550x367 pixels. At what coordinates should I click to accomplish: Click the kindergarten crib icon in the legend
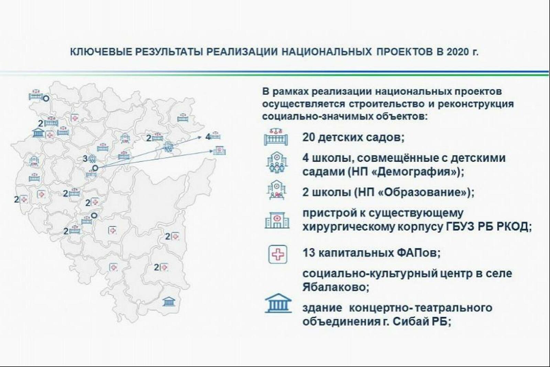[276, 137]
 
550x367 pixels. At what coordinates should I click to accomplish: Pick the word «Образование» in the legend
[422, 192]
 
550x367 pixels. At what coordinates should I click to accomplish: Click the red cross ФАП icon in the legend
[278, 254]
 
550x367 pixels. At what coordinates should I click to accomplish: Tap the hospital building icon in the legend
[277, 220]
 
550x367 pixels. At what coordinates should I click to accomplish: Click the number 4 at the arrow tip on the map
[208, 137]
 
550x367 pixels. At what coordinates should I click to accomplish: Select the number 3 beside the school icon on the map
[85, 159]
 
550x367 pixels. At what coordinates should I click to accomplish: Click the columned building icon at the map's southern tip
[169, 301]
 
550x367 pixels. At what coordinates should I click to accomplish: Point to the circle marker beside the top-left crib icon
[46, 98]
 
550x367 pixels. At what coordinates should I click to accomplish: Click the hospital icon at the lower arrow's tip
[219, 150]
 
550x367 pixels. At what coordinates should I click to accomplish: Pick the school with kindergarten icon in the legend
[277, 162]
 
